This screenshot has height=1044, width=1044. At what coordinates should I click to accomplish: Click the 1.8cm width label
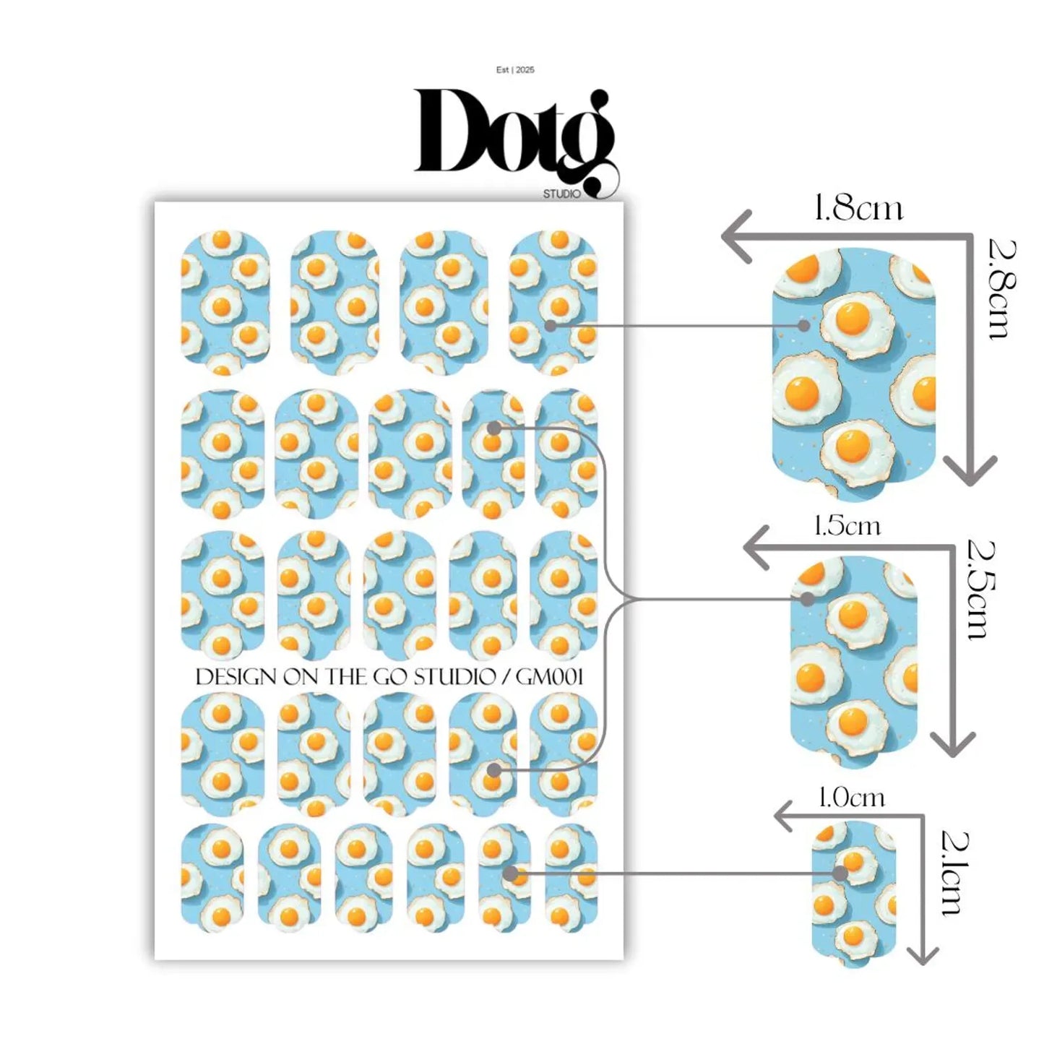(858, 208)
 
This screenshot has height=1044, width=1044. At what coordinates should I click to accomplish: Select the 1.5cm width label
(847, 525)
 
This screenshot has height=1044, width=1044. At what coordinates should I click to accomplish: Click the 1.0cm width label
(851, 798)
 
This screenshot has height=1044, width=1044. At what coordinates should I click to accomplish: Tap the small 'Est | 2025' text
(515, 70)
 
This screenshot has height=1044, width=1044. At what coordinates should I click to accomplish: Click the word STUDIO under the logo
(561, 194)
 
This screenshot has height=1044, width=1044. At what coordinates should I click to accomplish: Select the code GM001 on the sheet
(549, 677)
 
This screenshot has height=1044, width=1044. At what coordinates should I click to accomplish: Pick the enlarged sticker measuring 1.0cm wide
(853, 893)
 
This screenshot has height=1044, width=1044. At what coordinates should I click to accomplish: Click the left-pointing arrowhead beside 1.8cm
(735, 236)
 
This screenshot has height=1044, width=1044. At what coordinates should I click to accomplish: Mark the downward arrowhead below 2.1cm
(922, 954)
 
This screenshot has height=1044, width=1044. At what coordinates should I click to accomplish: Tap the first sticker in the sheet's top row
(225, 302)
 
